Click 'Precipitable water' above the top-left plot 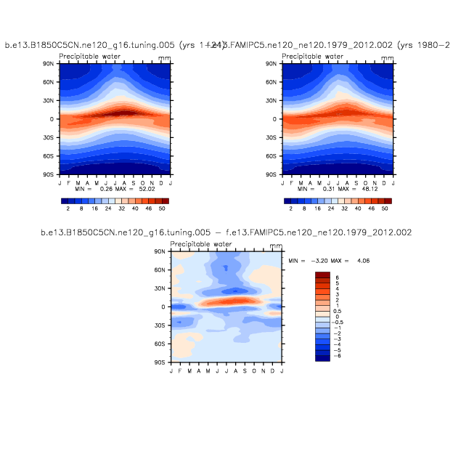(x=89, y=56)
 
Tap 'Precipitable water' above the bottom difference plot (x=201, y=245)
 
